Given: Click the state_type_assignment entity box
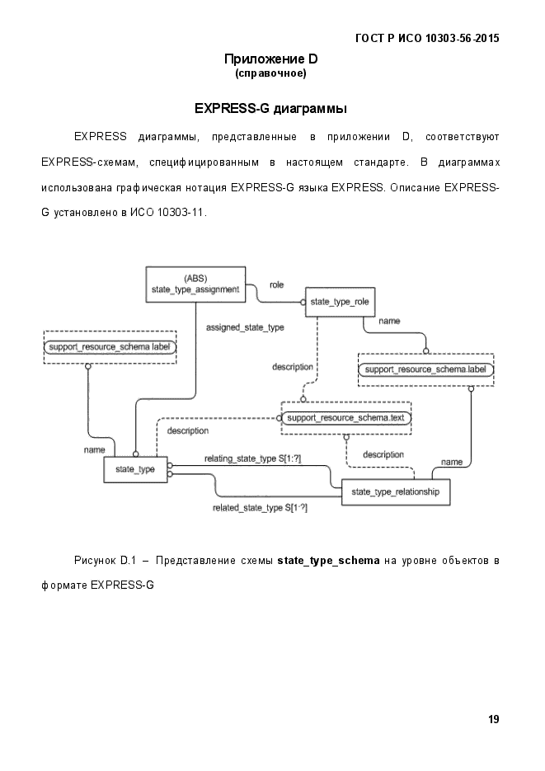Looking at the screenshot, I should tap(195, 283).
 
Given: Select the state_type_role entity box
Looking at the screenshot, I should tap(340, 303).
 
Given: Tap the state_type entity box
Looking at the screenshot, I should tap(135, 469).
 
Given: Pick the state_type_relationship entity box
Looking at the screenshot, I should tap(395, 492).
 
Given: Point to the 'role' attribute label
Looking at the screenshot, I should tap(276, 284).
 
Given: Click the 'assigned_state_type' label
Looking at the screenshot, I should tap(244, 327).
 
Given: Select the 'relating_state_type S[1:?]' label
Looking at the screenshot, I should tap(252, 458).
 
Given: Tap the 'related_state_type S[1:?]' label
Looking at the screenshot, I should tap(260, 508).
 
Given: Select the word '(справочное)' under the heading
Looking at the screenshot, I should tap(270, 74).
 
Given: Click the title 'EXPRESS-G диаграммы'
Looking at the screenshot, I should tap(270, 109).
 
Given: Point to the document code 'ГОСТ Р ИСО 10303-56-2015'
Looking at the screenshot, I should tap(426, 38).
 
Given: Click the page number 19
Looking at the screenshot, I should tap(493, 719).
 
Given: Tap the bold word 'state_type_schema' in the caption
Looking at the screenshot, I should tap(328, 561).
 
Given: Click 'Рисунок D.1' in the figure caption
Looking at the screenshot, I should tap(104, 561).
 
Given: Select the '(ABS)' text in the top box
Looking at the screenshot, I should tap(195, 277).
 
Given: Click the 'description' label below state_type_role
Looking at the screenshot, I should tap(293, 367).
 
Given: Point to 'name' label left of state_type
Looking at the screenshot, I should tap(93, 450).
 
